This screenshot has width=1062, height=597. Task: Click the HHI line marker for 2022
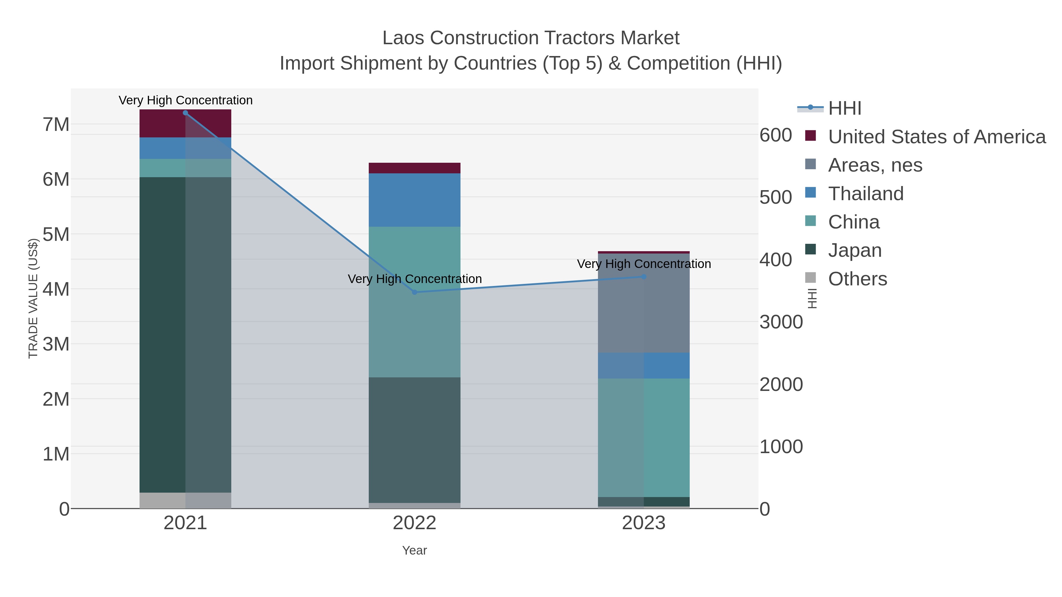coord(415,292)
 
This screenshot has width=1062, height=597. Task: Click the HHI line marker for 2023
coord(644,277)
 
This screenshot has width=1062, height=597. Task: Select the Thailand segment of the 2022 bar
coord(414,200)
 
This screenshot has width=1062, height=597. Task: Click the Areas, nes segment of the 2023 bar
coord(644,303)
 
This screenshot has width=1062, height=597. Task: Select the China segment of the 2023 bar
coord(644,438)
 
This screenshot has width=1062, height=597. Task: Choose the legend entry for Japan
coord(855,251)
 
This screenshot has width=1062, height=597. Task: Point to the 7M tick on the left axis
coord(56,124)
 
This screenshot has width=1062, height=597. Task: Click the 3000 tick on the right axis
coord(781,322)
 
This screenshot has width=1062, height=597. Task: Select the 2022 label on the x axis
coord(414,523)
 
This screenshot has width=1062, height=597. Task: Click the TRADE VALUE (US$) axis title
coord(33,298)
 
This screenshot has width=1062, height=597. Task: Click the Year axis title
coord(414,550)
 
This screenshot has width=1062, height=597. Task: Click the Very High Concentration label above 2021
coord(186,100)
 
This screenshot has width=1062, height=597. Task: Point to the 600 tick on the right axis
coord(776,136)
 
